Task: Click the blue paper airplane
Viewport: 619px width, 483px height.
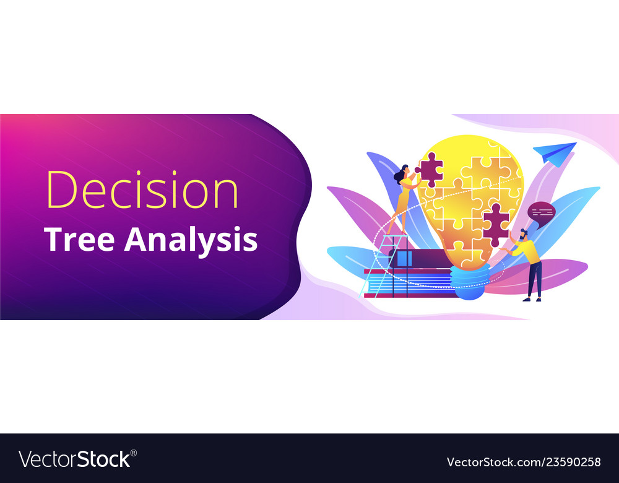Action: (x=554, y=152)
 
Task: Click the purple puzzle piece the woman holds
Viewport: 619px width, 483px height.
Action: (x=429, y=169)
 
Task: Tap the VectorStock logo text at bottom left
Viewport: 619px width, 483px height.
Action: (x=74, y=459)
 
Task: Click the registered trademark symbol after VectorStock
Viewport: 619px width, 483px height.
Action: (x=134, y=453)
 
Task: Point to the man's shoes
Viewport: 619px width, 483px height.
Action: (x=531, y=300)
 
